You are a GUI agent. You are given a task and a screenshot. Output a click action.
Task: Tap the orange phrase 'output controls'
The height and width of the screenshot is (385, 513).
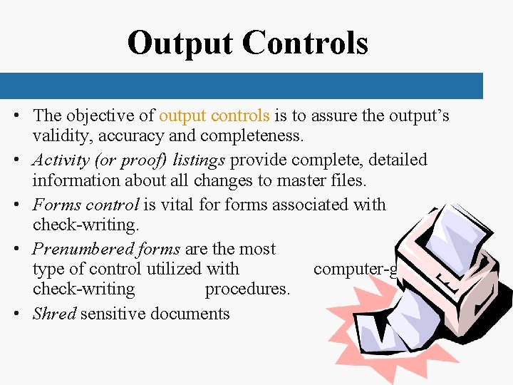[x=214, y=115]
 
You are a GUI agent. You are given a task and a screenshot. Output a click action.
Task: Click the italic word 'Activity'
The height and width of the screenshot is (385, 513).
[x=61, y=160]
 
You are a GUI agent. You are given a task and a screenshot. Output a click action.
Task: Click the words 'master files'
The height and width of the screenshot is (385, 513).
[x=325, y=180]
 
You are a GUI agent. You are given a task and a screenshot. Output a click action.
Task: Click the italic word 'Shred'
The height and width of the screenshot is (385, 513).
[x=54, y=314]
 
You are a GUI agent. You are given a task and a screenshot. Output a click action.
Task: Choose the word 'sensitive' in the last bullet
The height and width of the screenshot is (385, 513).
[x=114, y=314]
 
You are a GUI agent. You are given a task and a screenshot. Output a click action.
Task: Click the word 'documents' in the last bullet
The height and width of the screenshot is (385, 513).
[x=191, y=314]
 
